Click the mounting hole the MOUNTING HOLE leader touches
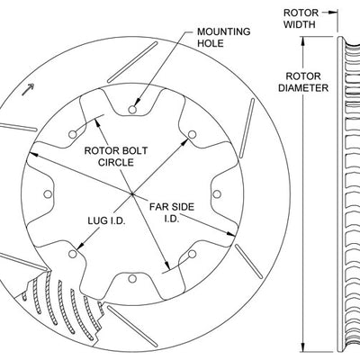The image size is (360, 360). coord(131,110)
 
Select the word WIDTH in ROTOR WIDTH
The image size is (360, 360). coord(301,25)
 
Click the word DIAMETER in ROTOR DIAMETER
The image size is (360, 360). coord(301,88)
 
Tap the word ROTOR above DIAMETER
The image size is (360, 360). coord(301,76)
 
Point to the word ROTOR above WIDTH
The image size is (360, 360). coord(301,13)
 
